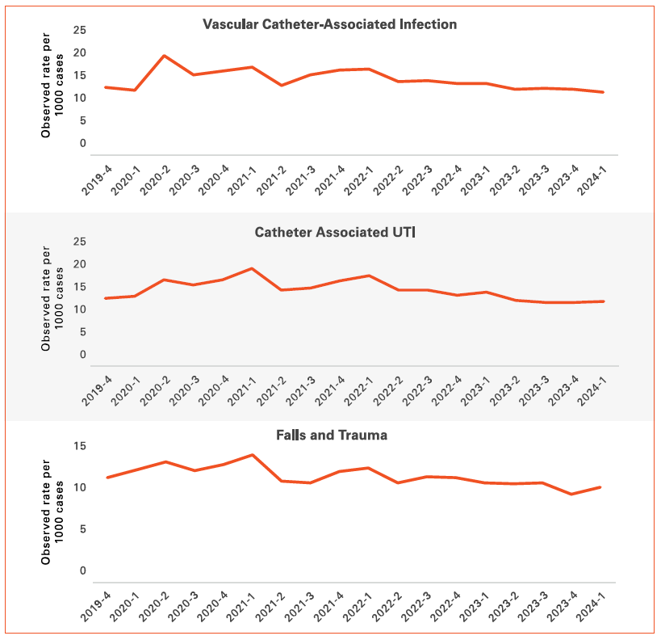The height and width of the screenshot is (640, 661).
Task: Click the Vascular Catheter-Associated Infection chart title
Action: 329,24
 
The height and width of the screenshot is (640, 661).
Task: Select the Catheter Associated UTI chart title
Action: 334,233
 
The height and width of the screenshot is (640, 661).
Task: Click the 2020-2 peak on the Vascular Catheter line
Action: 165,56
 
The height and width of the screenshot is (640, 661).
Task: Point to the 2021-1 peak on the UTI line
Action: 252,268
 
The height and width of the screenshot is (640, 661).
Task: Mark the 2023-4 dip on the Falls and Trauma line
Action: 572,494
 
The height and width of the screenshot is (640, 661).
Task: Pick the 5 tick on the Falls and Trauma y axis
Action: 82,529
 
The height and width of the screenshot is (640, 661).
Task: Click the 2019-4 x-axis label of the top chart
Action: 96,177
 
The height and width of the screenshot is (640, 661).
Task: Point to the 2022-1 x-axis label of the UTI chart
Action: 358,389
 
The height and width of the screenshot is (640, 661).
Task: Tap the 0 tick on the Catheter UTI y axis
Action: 82,355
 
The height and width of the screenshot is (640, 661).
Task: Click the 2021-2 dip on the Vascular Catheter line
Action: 281,85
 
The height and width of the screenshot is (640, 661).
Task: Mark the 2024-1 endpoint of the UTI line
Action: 604,301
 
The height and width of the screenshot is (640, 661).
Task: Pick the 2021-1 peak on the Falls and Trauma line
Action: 252,455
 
